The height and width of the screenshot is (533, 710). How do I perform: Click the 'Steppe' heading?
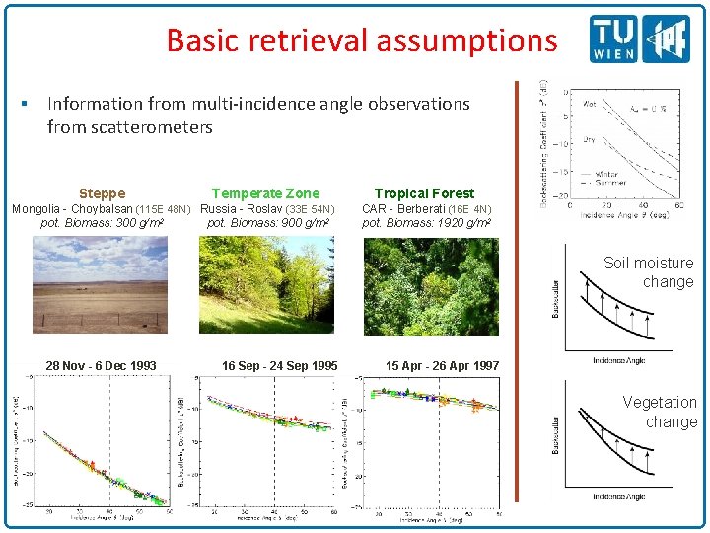(102, 193)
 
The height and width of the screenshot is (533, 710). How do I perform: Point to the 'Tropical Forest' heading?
(424, 193)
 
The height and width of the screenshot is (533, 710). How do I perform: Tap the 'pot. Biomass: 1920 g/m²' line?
(427, 223)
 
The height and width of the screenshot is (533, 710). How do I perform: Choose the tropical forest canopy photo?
(431, 286)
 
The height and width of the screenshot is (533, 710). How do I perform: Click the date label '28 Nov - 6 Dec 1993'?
(101, 366)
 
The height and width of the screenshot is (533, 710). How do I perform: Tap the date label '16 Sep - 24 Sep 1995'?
(279, 366)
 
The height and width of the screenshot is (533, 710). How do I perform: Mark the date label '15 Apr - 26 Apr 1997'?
(442, 366)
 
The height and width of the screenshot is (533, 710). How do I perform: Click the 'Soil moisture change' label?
(648, 272)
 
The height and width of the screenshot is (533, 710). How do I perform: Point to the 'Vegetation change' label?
(659, 412)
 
